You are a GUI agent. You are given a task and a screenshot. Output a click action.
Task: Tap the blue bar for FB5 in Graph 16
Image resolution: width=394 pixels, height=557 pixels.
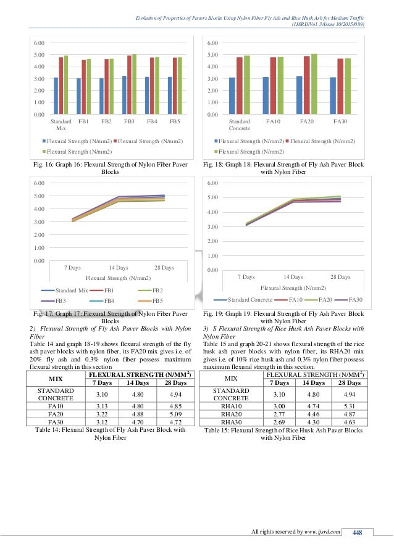point(170,95)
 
